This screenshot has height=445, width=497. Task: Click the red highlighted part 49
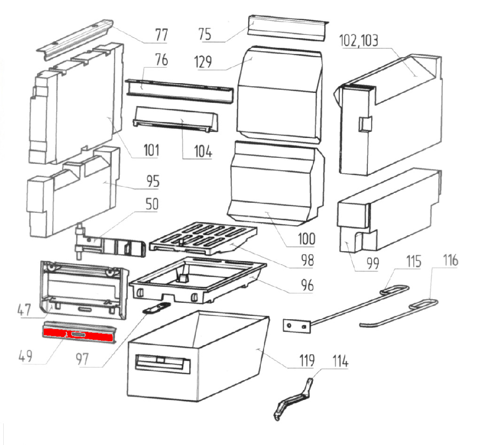pyautogui.click(x=79, y=334)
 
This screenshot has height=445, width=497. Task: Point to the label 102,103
pyautogui.click(x=358, y=40)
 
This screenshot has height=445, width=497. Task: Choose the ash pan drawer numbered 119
pyautogui.click(x=197, y=357)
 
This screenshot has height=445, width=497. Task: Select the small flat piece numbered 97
pyautogui.click(x=155, y=307)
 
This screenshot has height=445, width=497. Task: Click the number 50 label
pyautogui.click(x=152, y=205)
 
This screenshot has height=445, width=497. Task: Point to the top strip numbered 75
pyautogui.click(x=287, y=27)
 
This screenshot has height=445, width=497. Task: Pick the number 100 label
pyautogui.click(x=305, y=239)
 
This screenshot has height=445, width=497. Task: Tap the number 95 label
pyautogui.click(x=152, y=181)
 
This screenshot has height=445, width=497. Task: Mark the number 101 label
pyautogui.click(x=151, y=151)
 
